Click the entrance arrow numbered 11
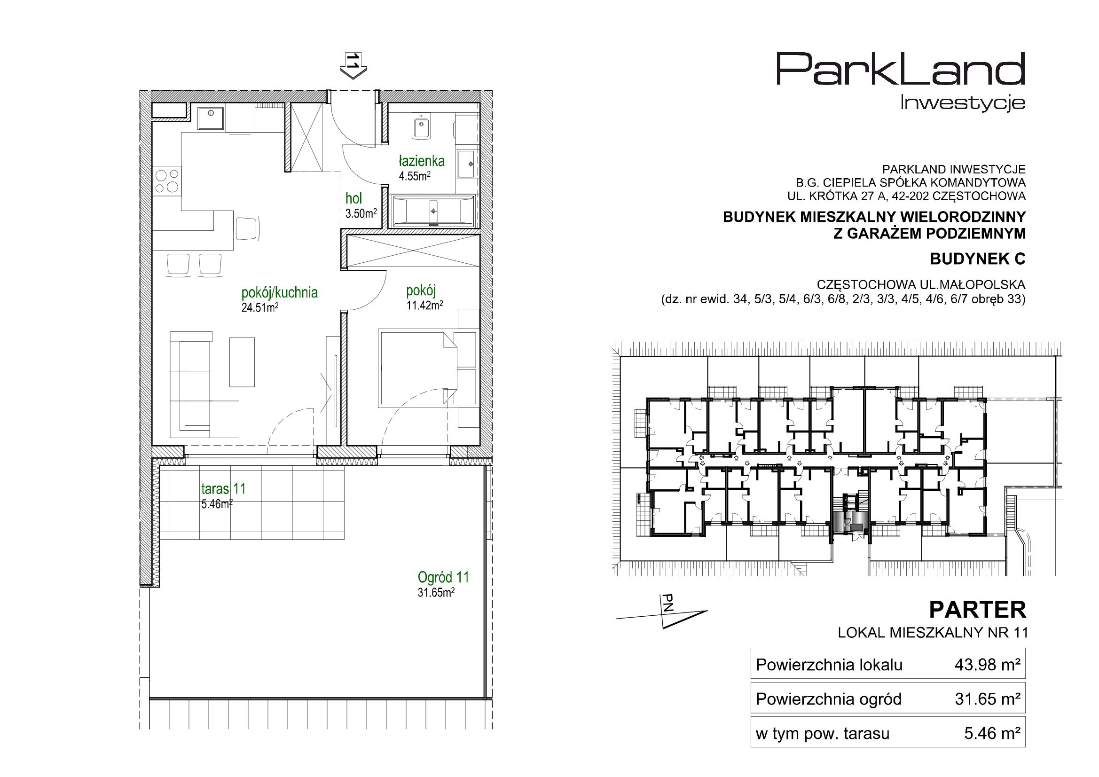[353, 66]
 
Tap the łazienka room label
[422, 161]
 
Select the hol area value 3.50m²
[361, 213]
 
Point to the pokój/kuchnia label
[280, 292]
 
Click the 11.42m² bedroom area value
[424, 305]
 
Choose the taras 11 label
[224, 488]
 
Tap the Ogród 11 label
[443, 577]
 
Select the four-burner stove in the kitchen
[167, 181]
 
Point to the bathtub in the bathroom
[433, 211]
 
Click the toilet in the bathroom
[421, 127]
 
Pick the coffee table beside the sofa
[242, 361]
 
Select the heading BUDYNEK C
[977, 259]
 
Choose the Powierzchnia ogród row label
[829, 699]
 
